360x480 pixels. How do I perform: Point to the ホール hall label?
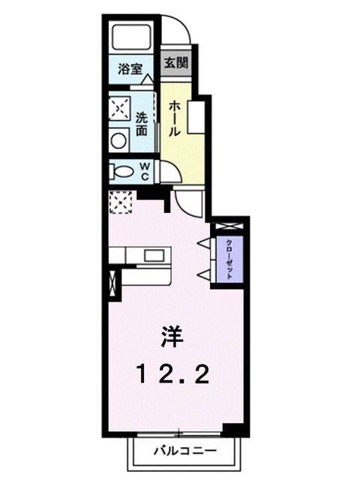pos(172,119)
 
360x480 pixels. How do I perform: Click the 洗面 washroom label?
pos(142,124)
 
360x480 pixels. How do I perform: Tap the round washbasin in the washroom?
pos(118,140)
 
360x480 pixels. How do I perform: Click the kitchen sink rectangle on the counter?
pos(156,255)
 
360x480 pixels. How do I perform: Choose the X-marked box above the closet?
pos(227,225)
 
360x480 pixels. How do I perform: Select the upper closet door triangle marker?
pos(202,243)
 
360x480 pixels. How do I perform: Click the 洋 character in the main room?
pos(170,339)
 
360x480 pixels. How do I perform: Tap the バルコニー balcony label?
pos(185,451)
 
